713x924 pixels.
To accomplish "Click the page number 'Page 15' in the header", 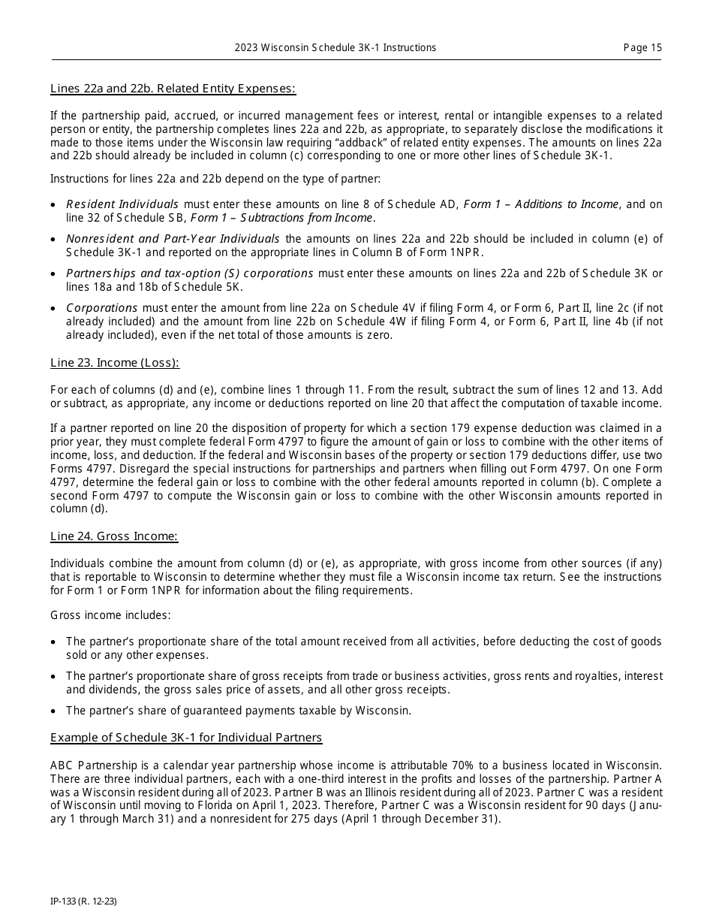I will click(642, 47).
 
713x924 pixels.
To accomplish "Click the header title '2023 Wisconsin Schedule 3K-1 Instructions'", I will click(335, 47).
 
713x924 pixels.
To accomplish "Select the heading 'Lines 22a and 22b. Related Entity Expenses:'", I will click(173, 89).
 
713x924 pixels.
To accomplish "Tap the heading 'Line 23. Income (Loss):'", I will click(115, 363).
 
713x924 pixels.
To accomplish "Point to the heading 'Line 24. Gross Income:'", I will click(114, 536).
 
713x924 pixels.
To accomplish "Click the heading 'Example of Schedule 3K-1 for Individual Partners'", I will click(186, 737).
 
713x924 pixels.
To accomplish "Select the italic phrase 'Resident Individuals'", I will click(122, 204).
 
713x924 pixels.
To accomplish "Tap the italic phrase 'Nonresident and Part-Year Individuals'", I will click(173, 239).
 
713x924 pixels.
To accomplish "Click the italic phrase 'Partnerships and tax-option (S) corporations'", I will click(189, 273).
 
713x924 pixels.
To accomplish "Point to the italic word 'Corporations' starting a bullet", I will click(101, 308).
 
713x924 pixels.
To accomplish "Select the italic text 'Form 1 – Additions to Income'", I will click(541, 204).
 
